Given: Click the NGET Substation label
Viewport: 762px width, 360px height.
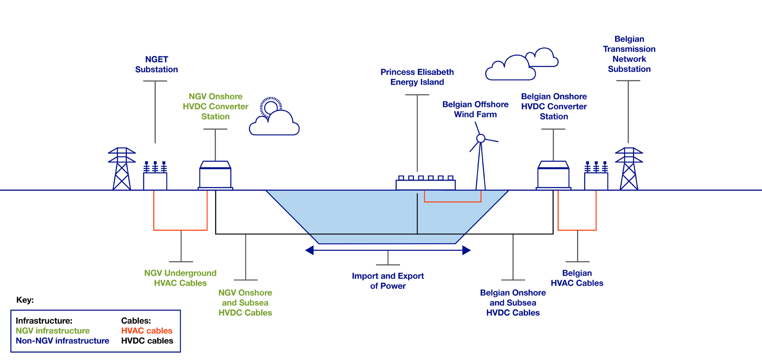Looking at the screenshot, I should coord(156,64).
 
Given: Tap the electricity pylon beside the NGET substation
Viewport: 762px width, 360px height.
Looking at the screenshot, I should coord(122,169).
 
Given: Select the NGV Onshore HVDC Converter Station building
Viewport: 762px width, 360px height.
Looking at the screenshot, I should coord(215,175).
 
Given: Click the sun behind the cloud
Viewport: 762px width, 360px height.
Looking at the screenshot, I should coord(271,107).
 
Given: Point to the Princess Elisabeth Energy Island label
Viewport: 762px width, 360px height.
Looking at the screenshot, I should coord(417,77).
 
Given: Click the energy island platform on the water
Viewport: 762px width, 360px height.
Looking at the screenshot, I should coord(425,184).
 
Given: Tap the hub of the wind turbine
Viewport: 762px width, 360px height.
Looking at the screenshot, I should coord(481,139).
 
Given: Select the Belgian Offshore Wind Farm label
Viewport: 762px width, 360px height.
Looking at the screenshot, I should coord(475,109).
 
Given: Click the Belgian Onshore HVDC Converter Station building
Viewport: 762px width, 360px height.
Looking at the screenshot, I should coord(553,175).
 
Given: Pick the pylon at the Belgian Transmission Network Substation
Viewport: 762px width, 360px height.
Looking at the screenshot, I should coord(629,169).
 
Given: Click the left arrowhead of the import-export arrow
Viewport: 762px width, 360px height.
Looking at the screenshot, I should coord(310,250).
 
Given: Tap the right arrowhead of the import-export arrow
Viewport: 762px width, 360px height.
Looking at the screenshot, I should coord(466,250).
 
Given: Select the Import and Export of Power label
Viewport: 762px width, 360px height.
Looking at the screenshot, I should coord(388,281).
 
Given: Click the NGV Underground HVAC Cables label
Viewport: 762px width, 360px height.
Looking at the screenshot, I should coord(180,278).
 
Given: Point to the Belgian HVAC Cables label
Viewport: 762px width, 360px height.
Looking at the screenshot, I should coord(577,278).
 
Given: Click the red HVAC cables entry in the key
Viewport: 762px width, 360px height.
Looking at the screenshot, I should coord(146,331).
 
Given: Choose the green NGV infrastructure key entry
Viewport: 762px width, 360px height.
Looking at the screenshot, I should coord(53,331).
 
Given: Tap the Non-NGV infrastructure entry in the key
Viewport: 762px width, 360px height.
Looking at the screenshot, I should coord(62,341).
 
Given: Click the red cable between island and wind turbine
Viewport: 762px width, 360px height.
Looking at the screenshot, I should coord(452,202).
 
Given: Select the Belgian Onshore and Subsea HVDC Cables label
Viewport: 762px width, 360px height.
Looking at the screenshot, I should coord(513,302).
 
